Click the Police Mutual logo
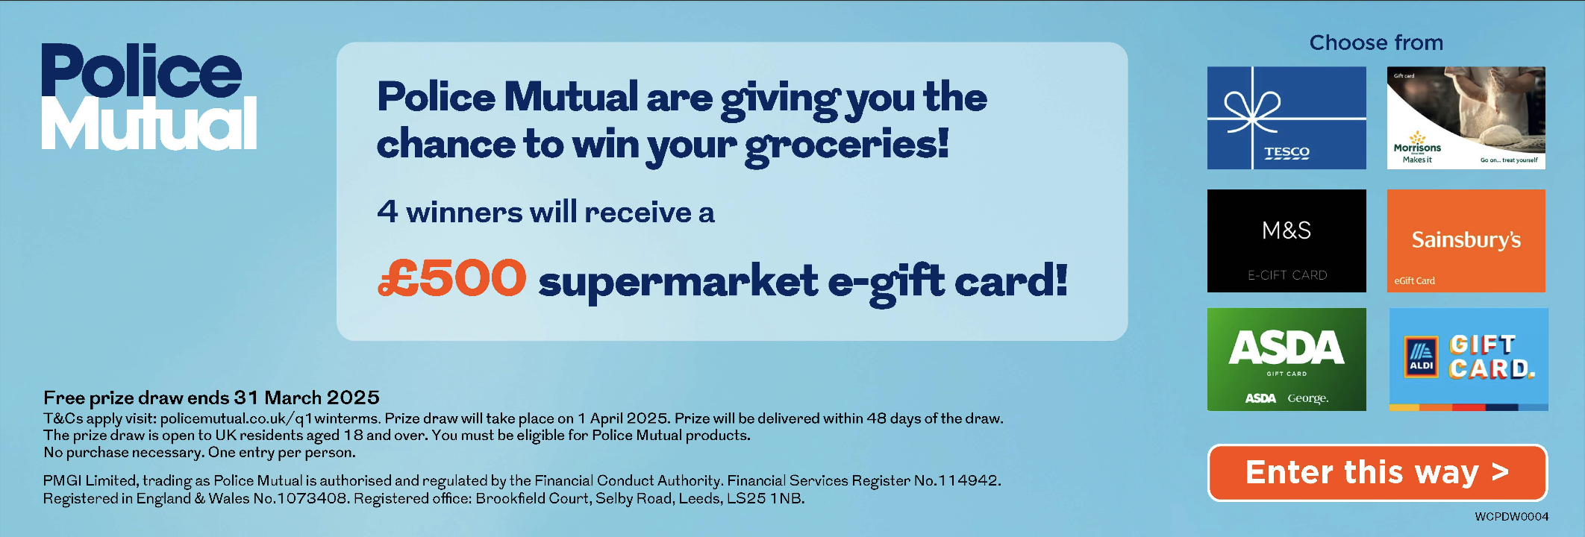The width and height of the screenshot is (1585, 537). [149, 96]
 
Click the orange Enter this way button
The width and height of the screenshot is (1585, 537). [1378, 473]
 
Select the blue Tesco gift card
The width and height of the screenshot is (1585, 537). [1287, 118]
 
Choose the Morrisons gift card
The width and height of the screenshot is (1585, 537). [1466, 118]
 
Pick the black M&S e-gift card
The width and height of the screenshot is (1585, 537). [1287, 240]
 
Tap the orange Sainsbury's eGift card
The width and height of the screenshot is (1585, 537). [1466, 240]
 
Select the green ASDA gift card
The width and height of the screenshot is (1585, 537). [1287, 359]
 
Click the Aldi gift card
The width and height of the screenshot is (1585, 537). [1469, 359]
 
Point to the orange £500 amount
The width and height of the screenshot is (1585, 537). [451, 277]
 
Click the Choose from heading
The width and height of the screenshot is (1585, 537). [1376, 43]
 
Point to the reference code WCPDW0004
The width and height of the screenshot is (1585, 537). [1511, 516]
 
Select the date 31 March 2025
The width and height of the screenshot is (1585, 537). [307, 398]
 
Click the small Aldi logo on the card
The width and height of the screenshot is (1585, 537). [1421, 357]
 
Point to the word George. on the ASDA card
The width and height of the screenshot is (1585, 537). [1307, 398]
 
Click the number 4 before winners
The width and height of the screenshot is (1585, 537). [387, 211]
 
